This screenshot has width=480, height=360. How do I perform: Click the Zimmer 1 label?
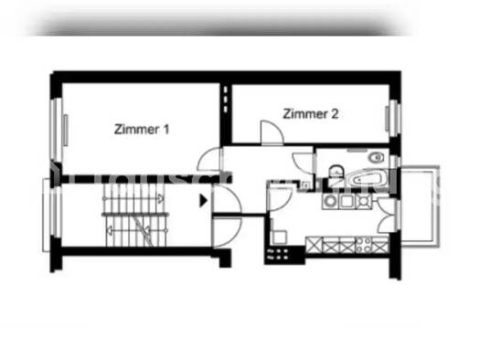(142, 130)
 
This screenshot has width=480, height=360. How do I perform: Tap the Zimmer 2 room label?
(311, 114)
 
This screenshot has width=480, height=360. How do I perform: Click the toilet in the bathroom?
(336, 169)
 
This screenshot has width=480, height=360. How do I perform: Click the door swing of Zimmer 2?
(271, 131)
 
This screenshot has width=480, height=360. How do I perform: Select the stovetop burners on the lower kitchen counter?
(365, 244)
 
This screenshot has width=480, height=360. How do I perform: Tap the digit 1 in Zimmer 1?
(166, 130)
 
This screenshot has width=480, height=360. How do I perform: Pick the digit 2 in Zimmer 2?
(336, 114)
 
